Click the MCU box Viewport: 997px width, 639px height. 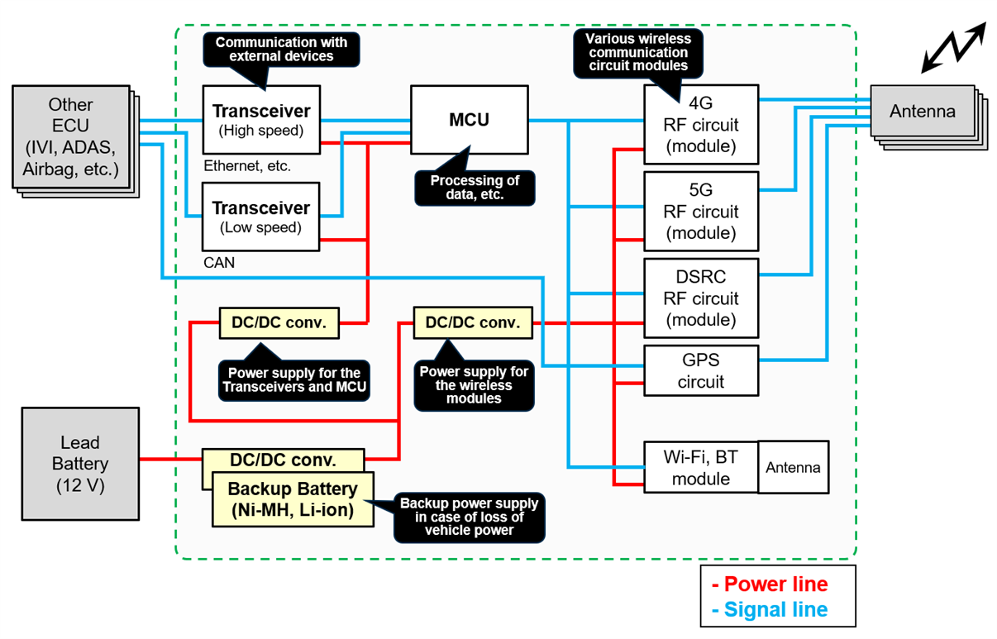(x=469, y=120)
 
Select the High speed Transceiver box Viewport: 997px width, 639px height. (x=261, y=120)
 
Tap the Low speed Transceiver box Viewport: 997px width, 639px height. (x=260, y=217)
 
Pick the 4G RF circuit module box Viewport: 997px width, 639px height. (x=701, y=125)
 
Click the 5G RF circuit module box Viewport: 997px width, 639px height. (x=701, y=212)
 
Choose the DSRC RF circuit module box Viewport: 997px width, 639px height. (x=701, y=298)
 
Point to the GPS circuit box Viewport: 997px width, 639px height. (x=701, y=370)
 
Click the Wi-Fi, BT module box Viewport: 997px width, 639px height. (x=701, y=467)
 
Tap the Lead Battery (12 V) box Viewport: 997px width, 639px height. (x=80, y=464)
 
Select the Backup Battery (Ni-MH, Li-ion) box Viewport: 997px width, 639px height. (x=293, y=499)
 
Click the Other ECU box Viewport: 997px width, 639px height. (x=71, y=136)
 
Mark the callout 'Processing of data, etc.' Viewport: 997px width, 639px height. (x=475, y=188)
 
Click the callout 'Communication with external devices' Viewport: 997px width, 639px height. (x=281, y=50)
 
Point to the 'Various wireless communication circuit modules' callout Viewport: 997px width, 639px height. (x=638, y=53)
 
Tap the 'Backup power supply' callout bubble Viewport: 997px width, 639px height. (x=469, y=517)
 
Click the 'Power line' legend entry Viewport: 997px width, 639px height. (x=770, y=584)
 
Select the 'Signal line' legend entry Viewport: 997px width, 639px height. (x=770, y=609)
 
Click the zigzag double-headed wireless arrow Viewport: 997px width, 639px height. (x=954, y=47)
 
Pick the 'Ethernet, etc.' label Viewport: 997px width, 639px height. (x=247, y=166)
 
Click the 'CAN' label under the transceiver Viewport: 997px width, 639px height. (x=219, y=263)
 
